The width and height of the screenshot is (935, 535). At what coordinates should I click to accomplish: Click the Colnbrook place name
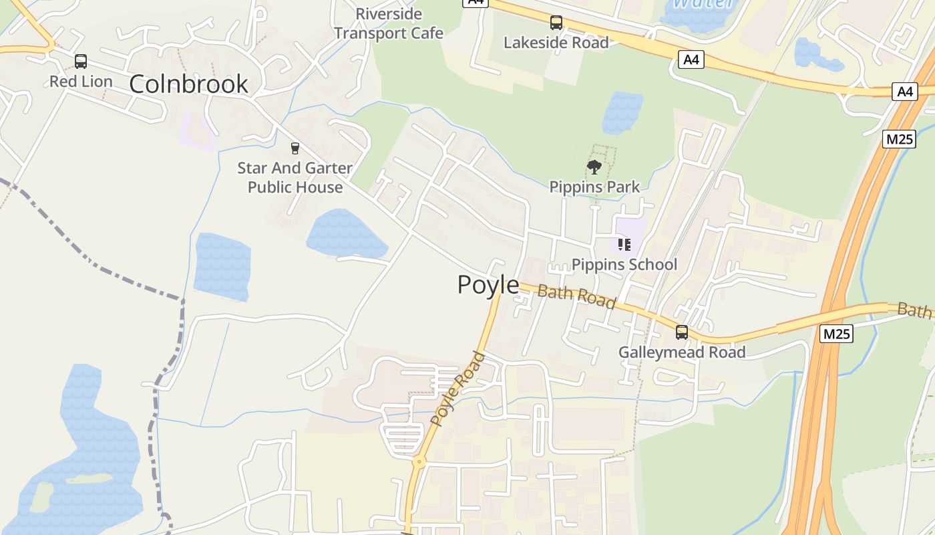[x=188, y=84]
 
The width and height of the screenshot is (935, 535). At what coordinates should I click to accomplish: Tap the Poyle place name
[x=488, y=285]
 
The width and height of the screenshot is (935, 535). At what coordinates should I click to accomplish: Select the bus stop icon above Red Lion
[x=81, y=62]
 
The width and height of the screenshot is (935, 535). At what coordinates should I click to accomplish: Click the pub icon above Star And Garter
[x=295, y=148]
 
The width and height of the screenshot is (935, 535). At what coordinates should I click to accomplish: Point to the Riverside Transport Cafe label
[x=389, y=23]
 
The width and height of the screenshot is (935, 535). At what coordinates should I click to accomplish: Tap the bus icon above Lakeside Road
[x=556, y=23]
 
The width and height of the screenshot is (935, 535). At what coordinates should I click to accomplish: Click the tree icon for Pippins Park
[x=594, y=167]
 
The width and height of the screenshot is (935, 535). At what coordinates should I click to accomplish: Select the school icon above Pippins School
[x=624, y=245]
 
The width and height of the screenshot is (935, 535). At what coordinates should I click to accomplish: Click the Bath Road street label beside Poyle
[x=576, y=296]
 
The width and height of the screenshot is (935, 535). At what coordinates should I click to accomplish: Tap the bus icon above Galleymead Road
[x=682, y=332]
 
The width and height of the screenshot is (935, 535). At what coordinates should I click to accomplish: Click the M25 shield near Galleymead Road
[x=837, y=333]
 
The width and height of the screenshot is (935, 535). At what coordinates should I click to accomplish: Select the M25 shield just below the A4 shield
[x=899, y=139]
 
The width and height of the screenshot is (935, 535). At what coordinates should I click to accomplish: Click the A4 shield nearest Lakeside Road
[x=691, y=60]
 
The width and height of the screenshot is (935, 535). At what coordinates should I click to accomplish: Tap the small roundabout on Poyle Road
[x=419, y=461]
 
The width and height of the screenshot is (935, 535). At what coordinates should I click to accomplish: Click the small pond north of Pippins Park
[x=622, y=112]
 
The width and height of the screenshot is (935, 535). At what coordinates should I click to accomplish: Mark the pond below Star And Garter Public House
[x=346, y=235]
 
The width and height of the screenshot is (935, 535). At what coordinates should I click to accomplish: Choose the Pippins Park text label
[x=594, y=187]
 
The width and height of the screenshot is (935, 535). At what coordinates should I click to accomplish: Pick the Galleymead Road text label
[x=682, y=352]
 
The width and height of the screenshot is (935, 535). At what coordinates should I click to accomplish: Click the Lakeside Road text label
[x=556, y=43]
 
